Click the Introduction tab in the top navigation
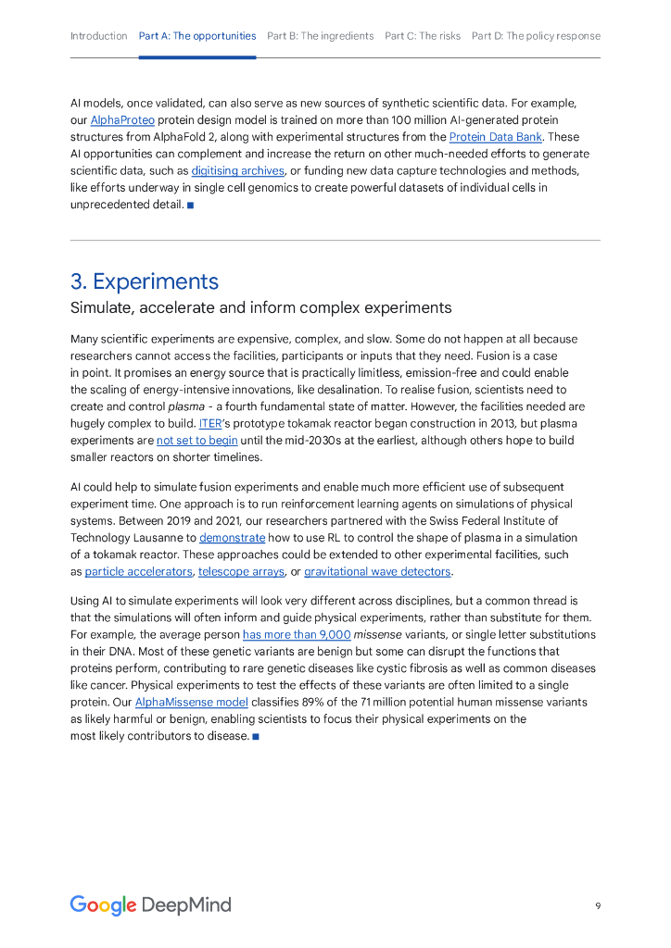98,36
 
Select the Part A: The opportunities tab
197,36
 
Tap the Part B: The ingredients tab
321,36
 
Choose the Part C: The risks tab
423,36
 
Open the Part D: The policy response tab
536,36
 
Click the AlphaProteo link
122,120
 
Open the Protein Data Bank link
495,137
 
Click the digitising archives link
237,171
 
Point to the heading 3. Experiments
145,281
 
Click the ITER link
210,423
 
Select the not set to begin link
196,441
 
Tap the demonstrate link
232,538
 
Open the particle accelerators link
139,572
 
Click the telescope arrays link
241,572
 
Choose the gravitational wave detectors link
377,572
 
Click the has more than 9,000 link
297,635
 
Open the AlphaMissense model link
191,703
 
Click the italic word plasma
186,406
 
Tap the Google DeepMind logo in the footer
150,905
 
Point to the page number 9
598,906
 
